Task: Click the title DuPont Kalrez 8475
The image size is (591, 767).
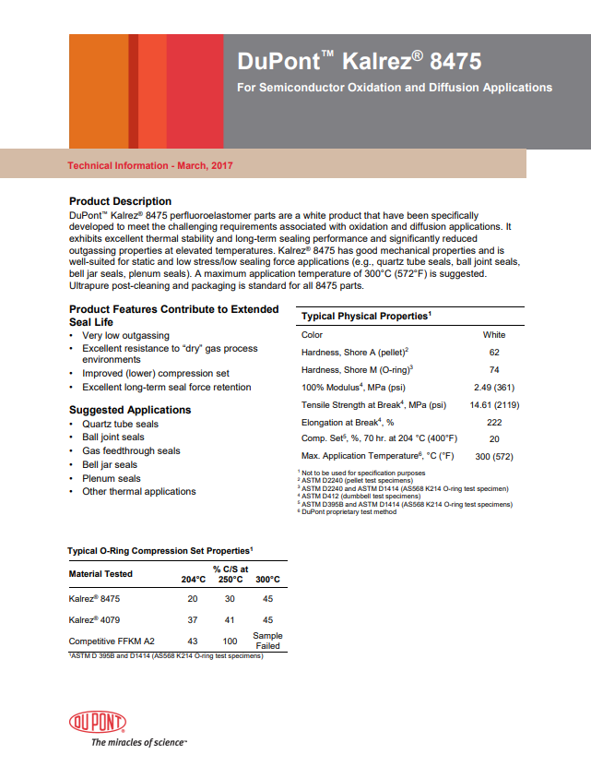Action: tap(359, 62)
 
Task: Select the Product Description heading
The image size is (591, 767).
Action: tap(120, 201)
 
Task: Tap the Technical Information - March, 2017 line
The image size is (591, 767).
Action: tap(150, 165)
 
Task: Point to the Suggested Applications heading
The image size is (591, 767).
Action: tap(130, 410)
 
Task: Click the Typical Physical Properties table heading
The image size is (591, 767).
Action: tap(366, 317)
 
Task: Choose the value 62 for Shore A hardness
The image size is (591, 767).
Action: tap(494, 353)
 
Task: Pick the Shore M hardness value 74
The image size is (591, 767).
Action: tap(494, 369)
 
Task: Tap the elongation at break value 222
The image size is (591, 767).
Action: tap(494, 422)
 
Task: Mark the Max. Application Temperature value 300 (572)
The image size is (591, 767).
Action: tap(494, 456)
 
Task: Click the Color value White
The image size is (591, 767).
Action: tap(494, 335)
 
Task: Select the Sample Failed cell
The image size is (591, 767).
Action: tap(267, 641)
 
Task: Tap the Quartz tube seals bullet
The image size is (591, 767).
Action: tap(120, 424)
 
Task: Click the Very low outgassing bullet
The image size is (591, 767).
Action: tap(125, 336)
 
